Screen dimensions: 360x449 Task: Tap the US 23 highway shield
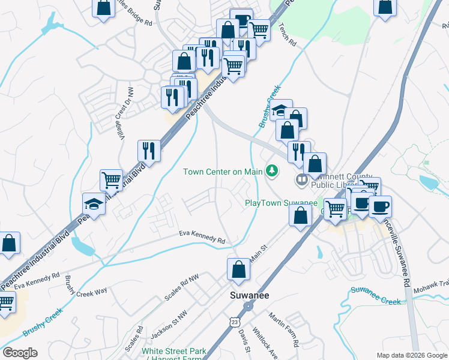click(233, 322)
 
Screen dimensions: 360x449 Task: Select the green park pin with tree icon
click(273, 171)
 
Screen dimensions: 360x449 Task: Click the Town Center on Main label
click(223, 172)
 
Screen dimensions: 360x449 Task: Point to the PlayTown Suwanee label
click(281, 203)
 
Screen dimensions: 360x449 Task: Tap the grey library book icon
click(301, 179)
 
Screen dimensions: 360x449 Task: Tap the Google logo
click(20, 353)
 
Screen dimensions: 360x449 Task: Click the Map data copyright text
click(412, 355)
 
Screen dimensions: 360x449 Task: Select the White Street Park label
click(174, 351)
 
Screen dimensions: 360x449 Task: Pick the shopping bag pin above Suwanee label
click(239, 270)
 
